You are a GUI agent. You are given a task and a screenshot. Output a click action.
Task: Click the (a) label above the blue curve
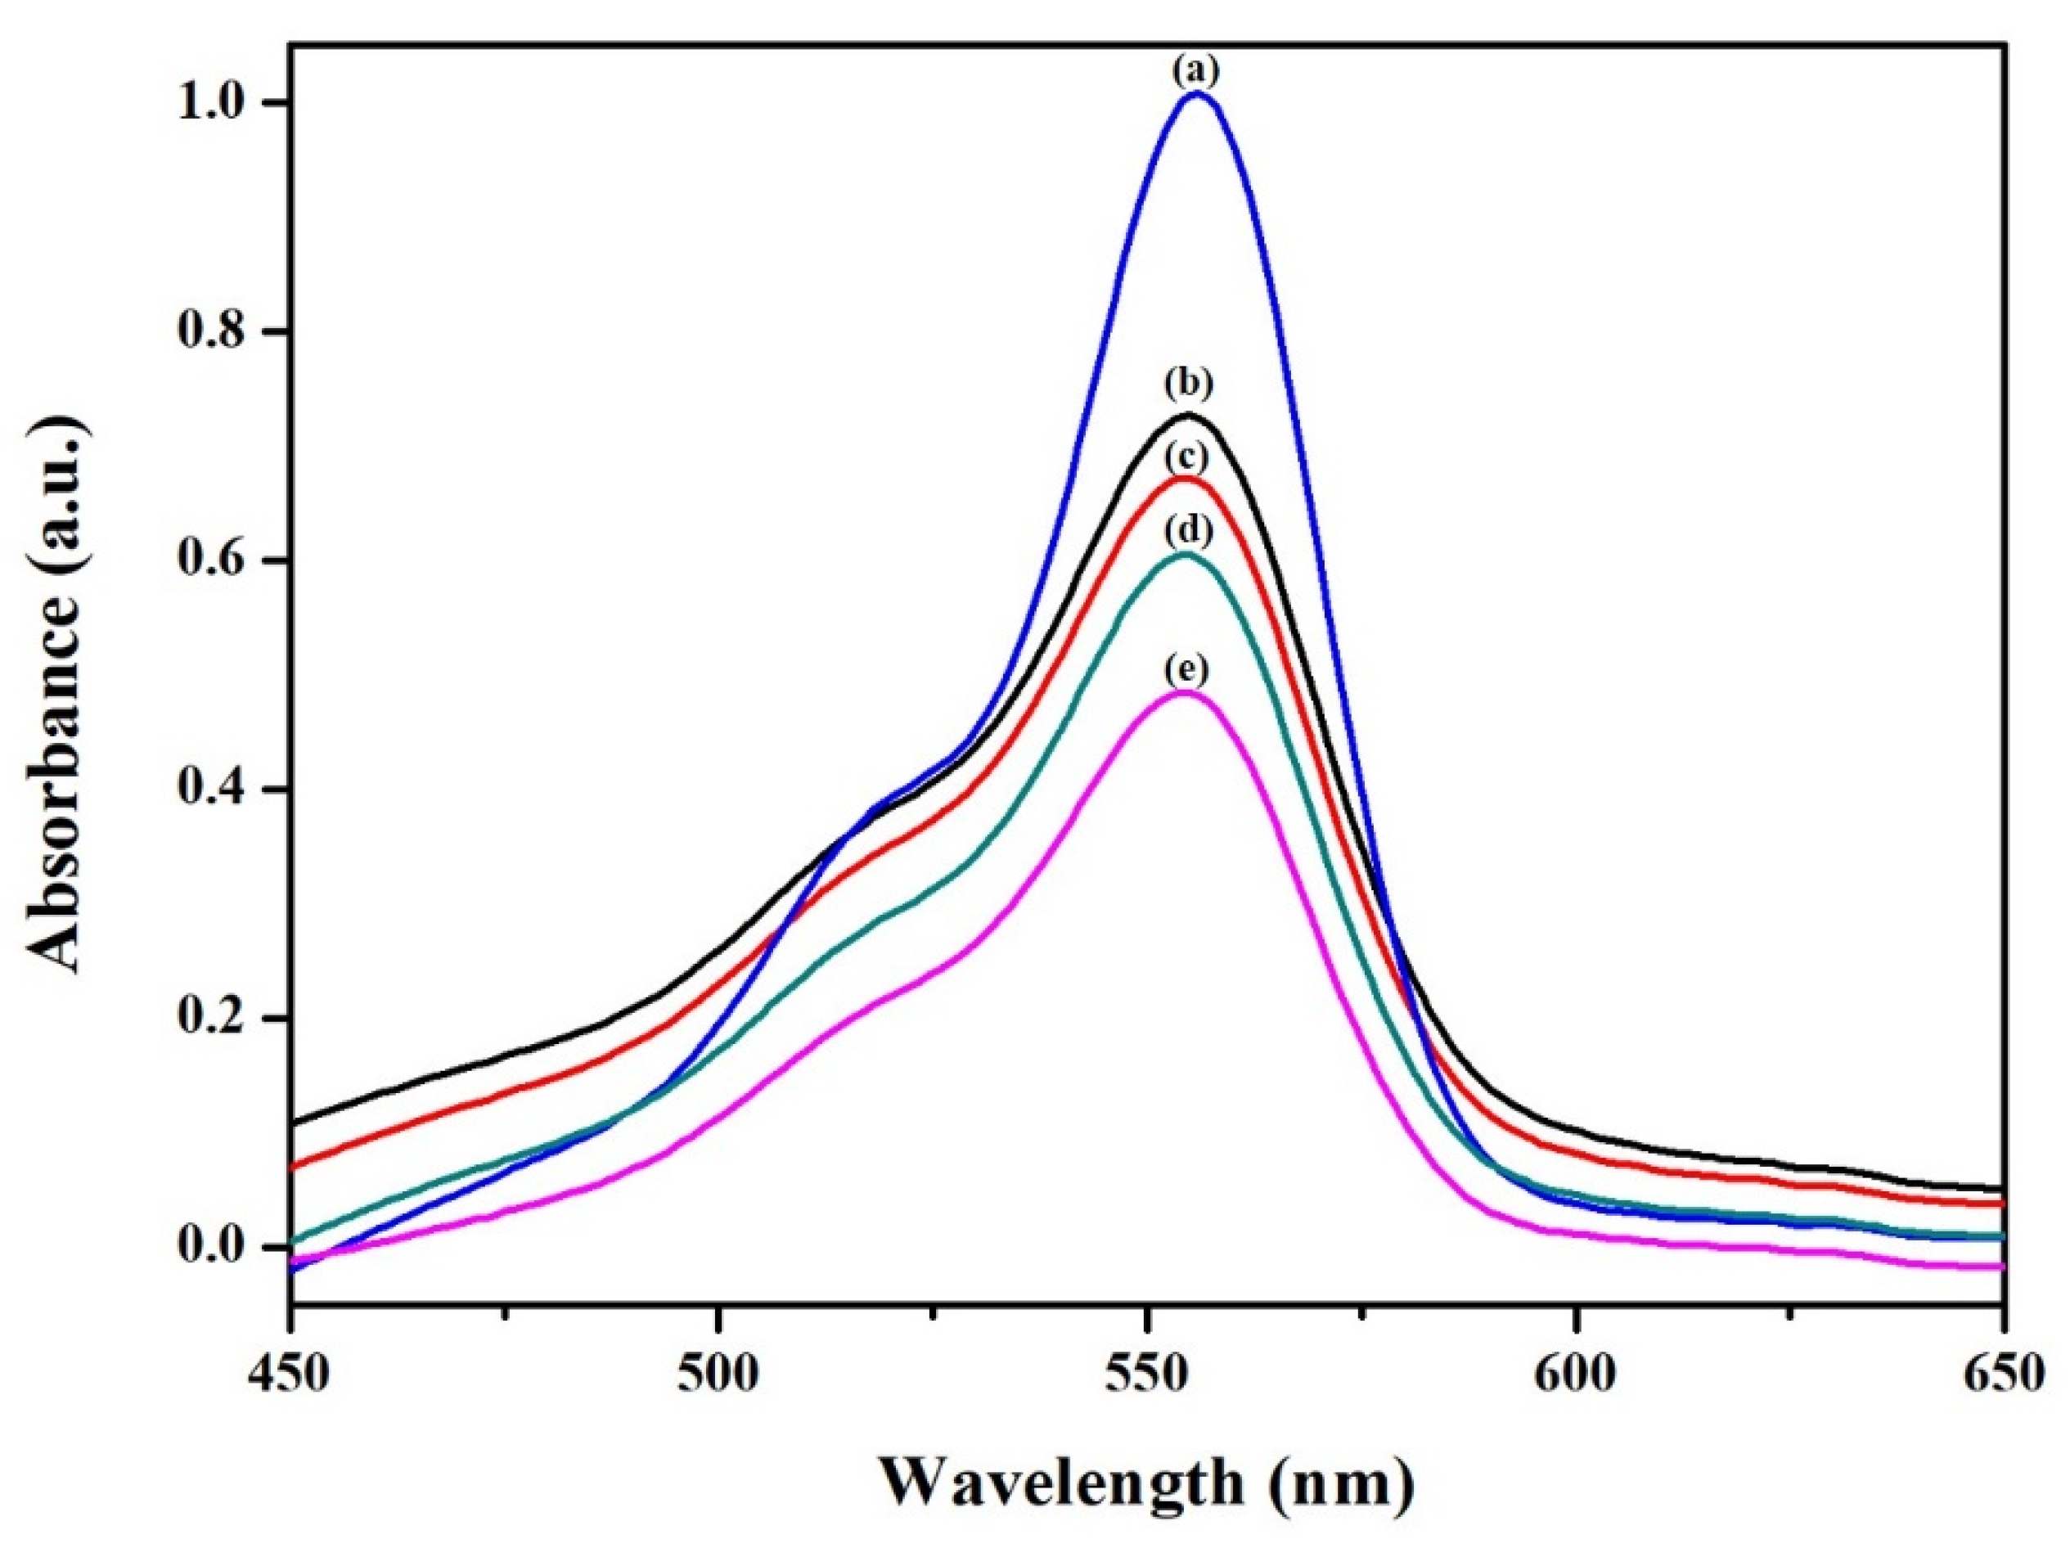pos(1197,71)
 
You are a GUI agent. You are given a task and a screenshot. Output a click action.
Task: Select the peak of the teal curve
pos(1186,554)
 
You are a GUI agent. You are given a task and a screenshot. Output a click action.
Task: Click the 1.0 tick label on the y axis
pos(221,103)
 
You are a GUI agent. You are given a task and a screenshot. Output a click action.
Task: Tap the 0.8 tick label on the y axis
pos(221,332)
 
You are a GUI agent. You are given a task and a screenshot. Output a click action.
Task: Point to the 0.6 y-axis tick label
pos(221,561)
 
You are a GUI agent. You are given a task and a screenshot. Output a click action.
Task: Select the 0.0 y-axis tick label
pos(221,1248)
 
